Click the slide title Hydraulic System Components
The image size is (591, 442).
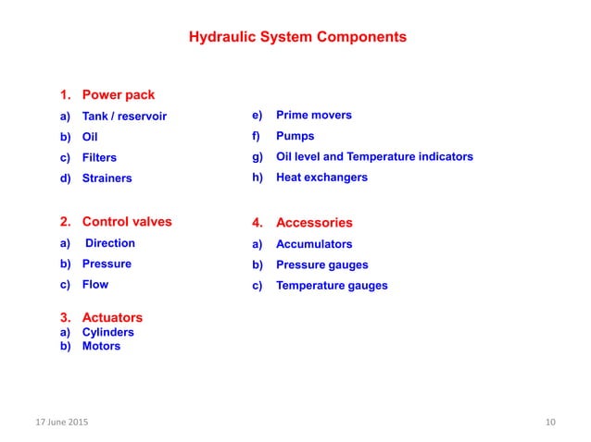tap(297, 39)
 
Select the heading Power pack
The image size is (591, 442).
tap(119, 95)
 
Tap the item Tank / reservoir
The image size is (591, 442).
tap(125, 117)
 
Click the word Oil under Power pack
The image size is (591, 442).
tap(90, 137)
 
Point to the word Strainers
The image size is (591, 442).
tap(107, 178)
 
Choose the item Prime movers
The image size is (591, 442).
tap(313, 116)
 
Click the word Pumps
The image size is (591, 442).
tap(295, 136)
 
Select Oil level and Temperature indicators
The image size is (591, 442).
tap(374, 156)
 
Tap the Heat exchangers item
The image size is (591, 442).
tap(321, 177)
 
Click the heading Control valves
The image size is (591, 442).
tap(127, 222)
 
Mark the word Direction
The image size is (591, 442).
tap(110, 243)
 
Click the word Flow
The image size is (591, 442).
tap(95, 284)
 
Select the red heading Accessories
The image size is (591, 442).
tap(314, 223)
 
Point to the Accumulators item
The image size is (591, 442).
tap(314, 244)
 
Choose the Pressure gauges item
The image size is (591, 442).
tap(321, 264)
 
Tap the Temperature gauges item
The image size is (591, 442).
tap(332, 285)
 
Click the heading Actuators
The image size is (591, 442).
tap(112, 318)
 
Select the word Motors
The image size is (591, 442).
tap(102, 346)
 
